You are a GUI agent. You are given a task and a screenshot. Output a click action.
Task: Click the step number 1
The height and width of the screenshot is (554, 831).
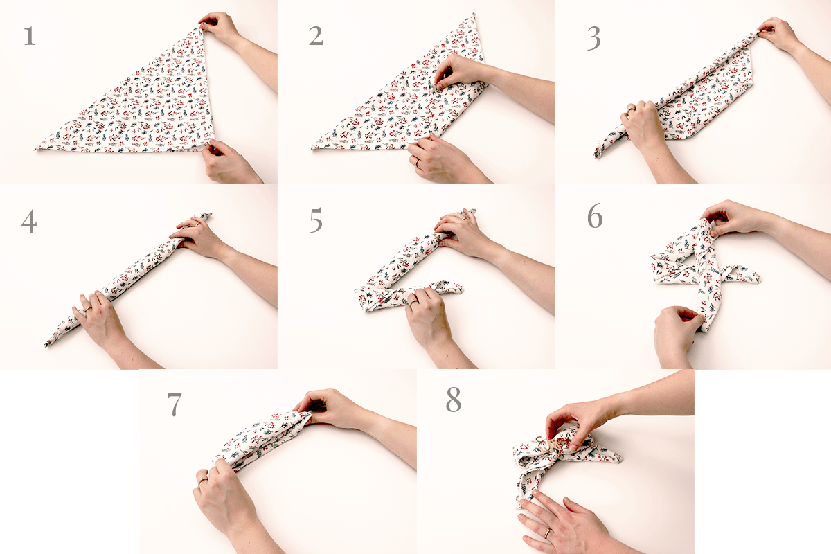(x=29, y=37)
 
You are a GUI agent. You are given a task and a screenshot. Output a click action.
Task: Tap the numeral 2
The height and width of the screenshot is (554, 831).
(x=316, y=37)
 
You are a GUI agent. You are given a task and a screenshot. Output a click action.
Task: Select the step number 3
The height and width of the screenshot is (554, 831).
(x=594, y=39)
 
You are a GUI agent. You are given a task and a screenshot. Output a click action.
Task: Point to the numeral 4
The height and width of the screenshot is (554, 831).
(x=29, y=221)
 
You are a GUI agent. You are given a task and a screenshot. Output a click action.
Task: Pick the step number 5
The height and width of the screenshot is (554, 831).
(x=316, y=220)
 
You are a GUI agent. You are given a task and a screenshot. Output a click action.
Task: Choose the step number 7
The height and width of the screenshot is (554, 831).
(x=175, y=405)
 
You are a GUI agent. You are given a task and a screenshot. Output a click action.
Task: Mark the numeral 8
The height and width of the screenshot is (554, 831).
(x=454, y=400)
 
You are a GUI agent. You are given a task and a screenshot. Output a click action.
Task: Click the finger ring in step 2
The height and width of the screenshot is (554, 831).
(x=416, y=163)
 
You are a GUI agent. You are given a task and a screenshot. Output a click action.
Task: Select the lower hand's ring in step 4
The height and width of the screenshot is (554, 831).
(x=87, y=308)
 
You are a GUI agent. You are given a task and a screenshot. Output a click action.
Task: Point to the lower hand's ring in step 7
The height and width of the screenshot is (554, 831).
(x=202, y=480)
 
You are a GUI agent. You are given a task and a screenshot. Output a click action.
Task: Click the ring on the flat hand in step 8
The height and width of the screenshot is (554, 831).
(x=547, y=533)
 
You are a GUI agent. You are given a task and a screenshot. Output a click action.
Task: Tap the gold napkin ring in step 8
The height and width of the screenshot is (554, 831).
(x=553, y=445)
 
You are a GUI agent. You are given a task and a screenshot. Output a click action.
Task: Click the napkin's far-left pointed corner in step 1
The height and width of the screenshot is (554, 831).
(x=35, y=149)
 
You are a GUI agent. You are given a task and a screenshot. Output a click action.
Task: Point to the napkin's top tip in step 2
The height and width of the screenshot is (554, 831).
(x=474, y=15)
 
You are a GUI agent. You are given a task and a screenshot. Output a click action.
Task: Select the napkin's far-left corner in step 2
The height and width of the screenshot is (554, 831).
(x=312, y=148)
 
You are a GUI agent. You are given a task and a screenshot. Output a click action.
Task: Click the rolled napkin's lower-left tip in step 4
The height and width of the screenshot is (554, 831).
(x=46, y=345)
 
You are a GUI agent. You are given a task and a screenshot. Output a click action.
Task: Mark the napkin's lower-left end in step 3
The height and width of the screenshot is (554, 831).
(x=597, y=156)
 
